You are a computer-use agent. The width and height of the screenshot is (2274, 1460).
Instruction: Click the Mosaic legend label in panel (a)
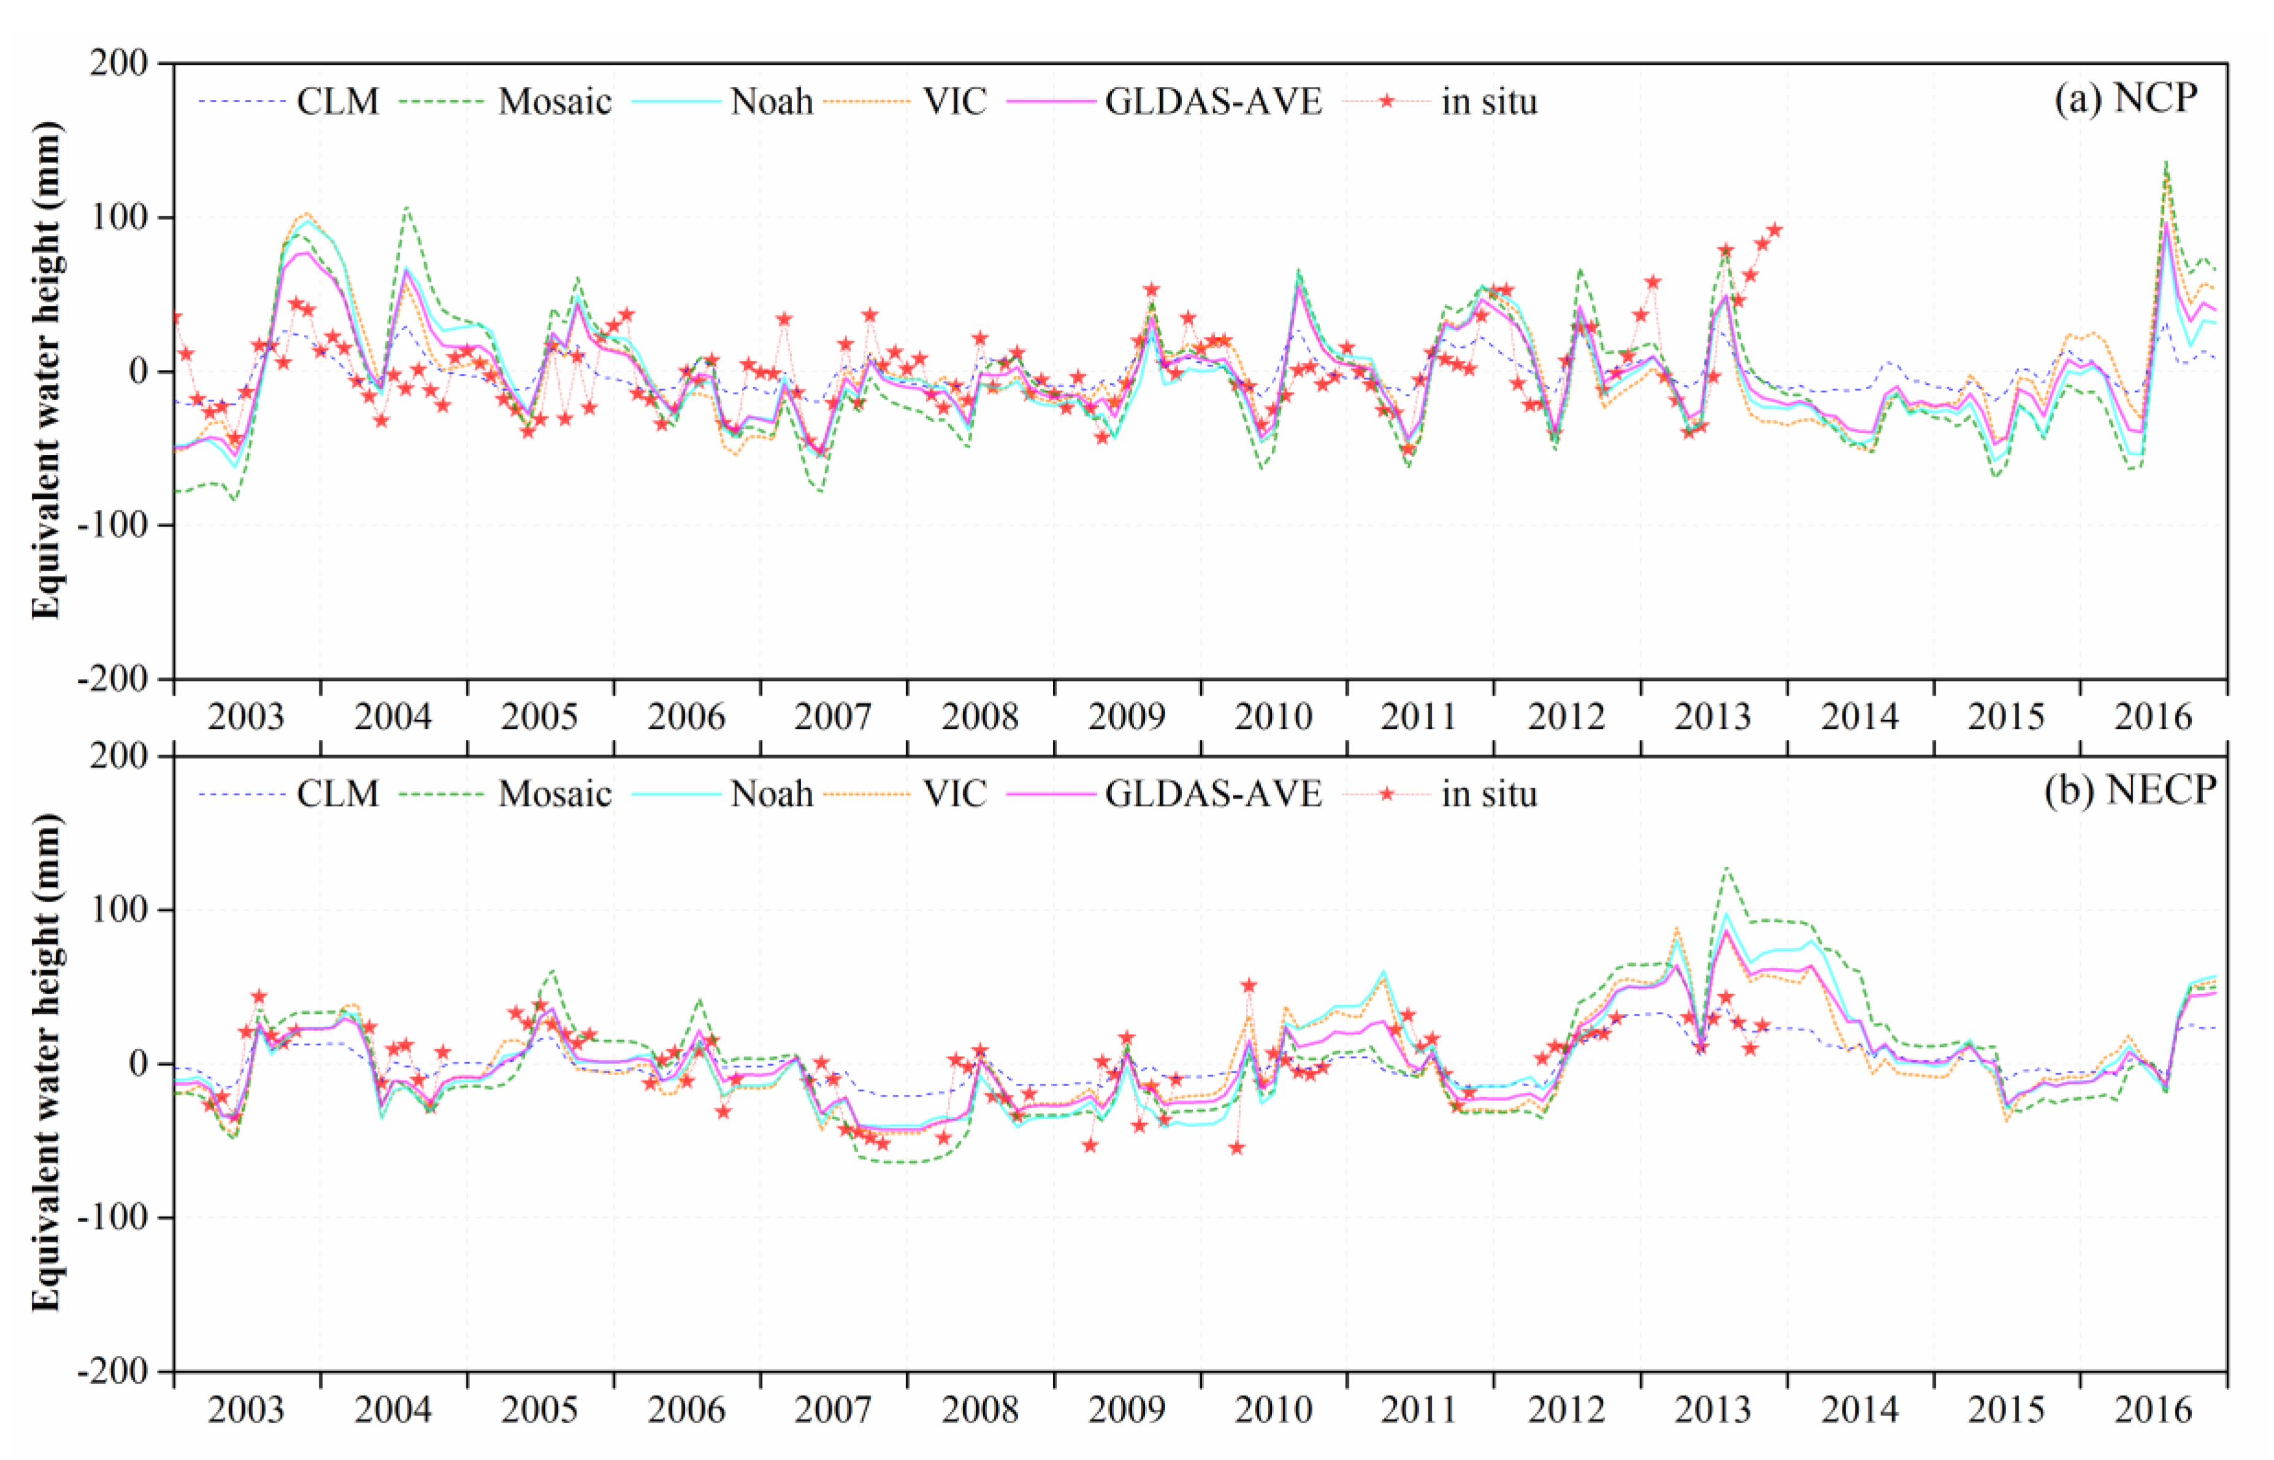555,102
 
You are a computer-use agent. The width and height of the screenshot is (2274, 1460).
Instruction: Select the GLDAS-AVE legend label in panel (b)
1212,794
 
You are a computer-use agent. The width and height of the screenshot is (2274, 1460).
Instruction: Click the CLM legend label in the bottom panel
338,794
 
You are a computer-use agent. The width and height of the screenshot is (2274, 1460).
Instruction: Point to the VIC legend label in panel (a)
954,102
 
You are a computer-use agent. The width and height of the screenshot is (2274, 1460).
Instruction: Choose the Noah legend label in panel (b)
770,794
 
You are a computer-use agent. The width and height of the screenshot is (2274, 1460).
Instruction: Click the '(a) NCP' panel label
2125,97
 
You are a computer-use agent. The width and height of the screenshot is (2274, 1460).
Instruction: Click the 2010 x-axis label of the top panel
1272,717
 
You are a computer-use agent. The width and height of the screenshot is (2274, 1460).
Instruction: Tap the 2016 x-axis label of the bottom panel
2153,1410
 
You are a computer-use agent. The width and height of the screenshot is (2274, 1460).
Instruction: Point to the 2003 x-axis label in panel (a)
246,717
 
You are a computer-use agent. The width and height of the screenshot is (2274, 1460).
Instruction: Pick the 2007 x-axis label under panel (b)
832,1410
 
